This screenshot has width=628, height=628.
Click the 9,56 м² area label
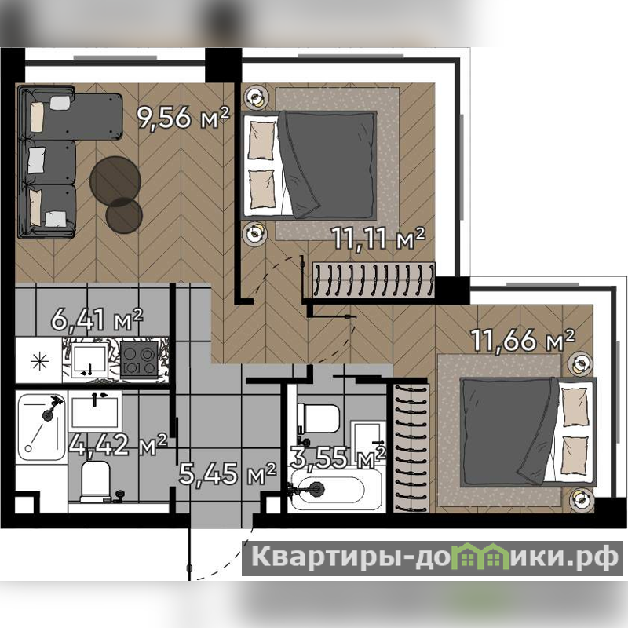click(184, 117)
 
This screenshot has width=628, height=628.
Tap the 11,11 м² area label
click(378, 239)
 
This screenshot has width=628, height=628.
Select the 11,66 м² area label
click(522, 340)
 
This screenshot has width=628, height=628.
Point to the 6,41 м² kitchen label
click(97, 319)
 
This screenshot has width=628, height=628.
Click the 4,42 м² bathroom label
click(118, 444)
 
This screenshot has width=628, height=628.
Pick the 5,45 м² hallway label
click(228, 473)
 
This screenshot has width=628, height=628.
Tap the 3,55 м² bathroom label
click(338, 458)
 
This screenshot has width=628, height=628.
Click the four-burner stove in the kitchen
click(139, 360)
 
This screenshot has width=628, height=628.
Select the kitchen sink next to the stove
click(89, 360)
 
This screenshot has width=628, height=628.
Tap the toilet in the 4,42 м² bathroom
click(95, 482)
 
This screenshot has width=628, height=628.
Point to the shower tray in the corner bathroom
click(41, 427)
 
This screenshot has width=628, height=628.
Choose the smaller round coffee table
click(124, 216)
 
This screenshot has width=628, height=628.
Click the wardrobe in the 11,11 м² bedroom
click(374, 279)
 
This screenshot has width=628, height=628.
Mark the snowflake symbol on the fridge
click(41, 362)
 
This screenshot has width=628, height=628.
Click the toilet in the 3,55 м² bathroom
click(319, 418)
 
